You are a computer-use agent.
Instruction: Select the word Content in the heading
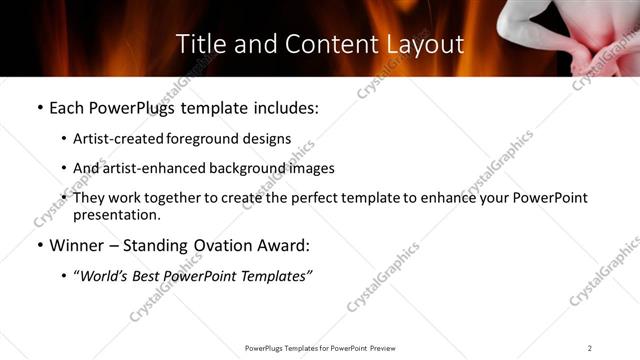tap(318, 44)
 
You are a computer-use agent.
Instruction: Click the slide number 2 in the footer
tap(590, 347)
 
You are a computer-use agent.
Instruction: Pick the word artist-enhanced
tap(151, 168)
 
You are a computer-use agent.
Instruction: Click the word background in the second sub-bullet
tap(246, 168)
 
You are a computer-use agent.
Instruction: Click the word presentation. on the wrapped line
tap(117, 215)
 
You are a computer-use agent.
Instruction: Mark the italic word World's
tap(106, 276)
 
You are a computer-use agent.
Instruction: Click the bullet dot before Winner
tap(39, 245)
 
